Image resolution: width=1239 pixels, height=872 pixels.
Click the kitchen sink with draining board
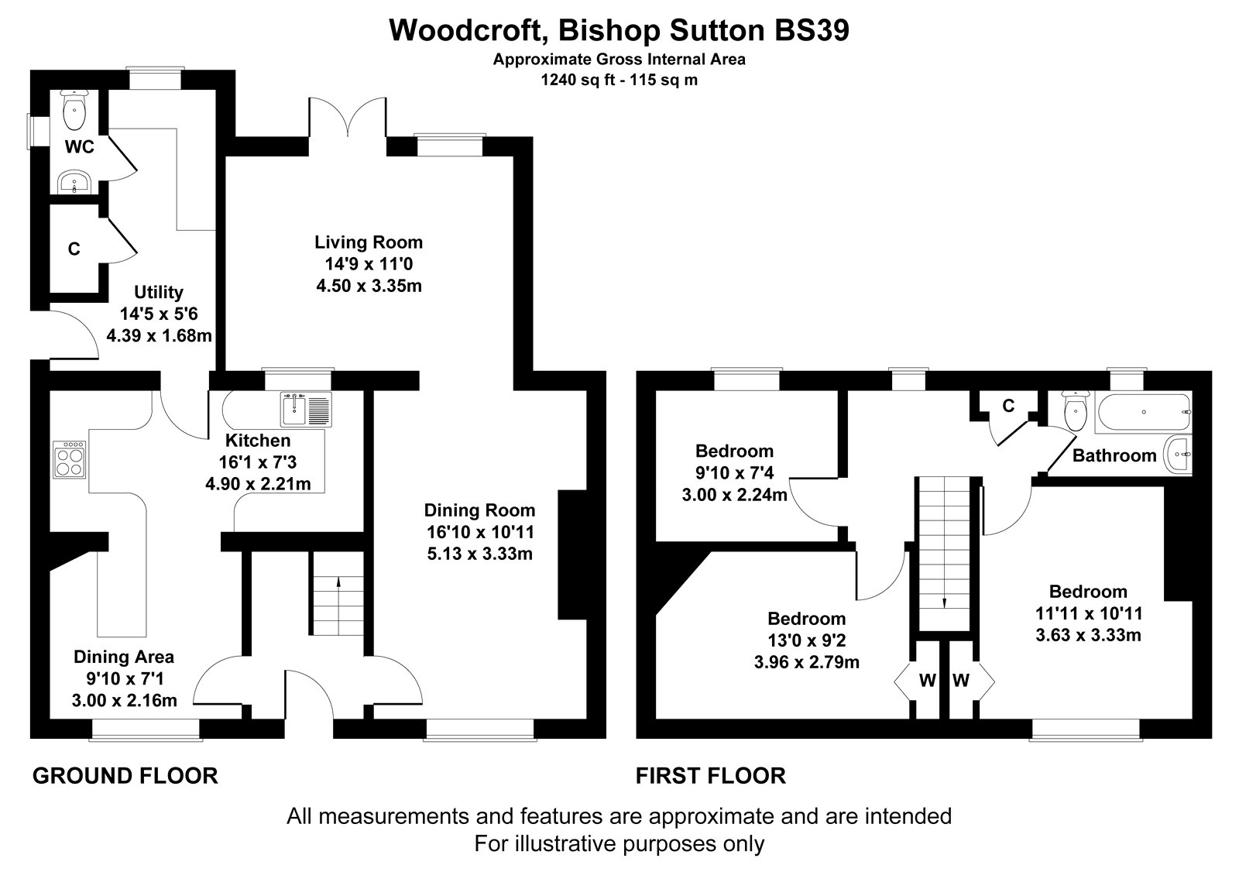306,410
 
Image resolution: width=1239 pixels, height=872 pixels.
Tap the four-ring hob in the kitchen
69,459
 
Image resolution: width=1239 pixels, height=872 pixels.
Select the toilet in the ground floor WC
74,109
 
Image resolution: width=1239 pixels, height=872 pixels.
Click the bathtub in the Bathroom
1143,412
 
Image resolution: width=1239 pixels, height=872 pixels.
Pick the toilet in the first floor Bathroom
1075,410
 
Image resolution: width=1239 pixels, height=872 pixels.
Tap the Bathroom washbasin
1178,455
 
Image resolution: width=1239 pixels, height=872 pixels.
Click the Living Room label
369,242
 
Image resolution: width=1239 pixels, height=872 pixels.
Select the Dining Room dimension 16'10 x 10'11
480,532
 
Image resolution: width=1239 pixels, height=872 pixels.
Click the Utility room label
159,292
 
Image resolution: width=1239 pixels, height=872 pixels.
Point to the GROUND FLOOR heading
125,776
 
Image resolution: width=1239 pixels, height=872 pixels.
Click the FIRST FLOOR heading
711,776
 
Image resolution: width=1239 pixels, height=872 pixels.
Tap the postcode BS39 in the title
812,30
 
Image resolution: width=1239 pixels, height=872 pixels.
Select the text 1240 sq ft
578,80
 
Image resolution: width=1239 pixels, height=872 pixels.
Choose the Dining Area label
124,657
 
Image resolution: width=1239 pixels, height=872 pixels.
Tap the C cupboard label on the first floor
1008,406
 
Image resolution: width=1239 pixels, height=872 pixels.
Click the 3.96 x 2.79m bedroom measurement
806,662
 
